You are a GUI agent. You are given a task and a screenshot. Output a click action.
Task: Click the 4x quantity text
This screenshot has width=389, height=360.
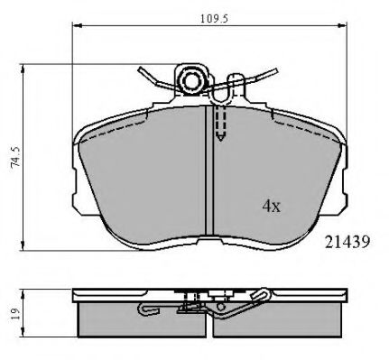[x=272, y=206]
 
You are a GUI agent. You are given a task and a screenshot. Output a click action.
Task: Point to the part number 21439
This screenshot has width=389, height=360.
[x=345, y=240]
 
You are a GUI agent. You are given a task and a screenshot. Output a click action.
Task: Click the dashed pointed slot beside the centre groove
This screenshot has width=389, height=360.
[x=219, y=126]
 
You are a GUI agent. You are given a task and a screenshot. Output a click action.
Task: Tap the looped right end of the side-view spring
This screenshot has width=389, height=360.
[x=261, y=294]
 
